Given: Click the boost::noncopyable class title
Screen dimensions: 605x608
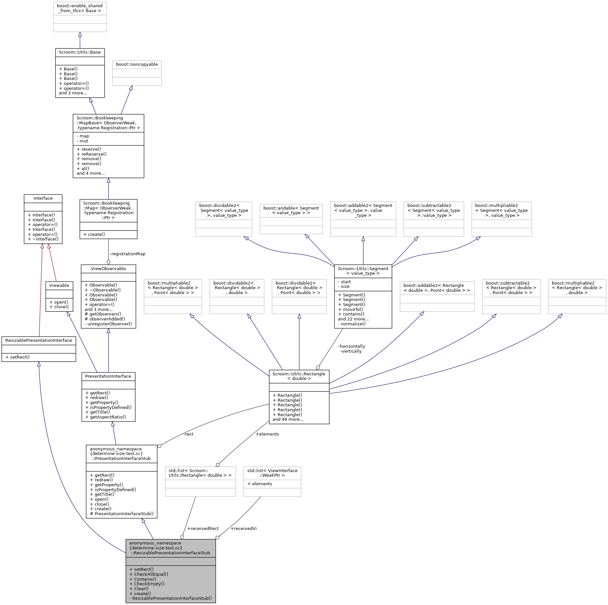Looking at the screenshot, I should tap(137, 64).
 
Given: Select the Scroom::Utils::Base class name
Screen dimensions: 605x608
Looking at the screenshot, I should tap(80, 52).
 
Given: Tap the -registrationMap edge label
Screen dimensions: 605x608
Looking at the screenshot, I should tap(127, 254).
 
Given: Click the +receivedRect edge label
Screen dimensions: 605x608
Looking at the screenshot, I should tap(203, 528).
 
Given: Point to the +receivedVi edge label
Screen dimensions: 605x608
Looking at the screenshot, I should tap(243, 528).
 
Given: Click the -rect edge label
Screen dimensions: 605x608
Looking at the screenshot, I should tap(188, 434).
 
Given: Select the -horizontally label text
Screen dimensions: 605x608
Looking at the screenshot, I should tap(352, 346).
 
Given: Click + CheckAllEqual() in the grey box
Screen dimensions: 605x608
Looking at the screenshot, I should tap(149, 574).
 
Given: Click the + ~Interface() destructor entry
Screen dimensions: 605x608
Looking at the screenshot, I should tap(43, 239).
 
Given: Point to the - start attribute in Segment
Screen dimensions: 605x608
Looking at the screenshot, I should tap(344, 282).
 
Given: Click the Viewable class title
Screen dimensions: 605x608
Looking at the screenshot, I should tap(59, 286).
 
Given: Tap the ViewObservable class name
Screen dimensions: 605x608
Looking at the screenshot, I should tap(108, 269).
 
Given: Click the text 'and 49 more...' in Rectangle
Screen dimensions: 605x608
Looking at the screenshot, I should tap(288, 419).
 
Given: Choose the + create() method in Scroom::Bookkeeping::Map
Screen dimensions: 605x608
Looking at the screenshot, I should tap(94, 234).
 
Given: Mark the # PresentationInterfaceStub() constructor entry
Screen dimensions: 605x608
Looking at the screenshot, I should tap(121, 514).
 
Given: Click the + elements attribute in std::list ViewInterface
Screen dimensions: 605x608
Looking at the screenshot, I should tap(260, 484).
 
